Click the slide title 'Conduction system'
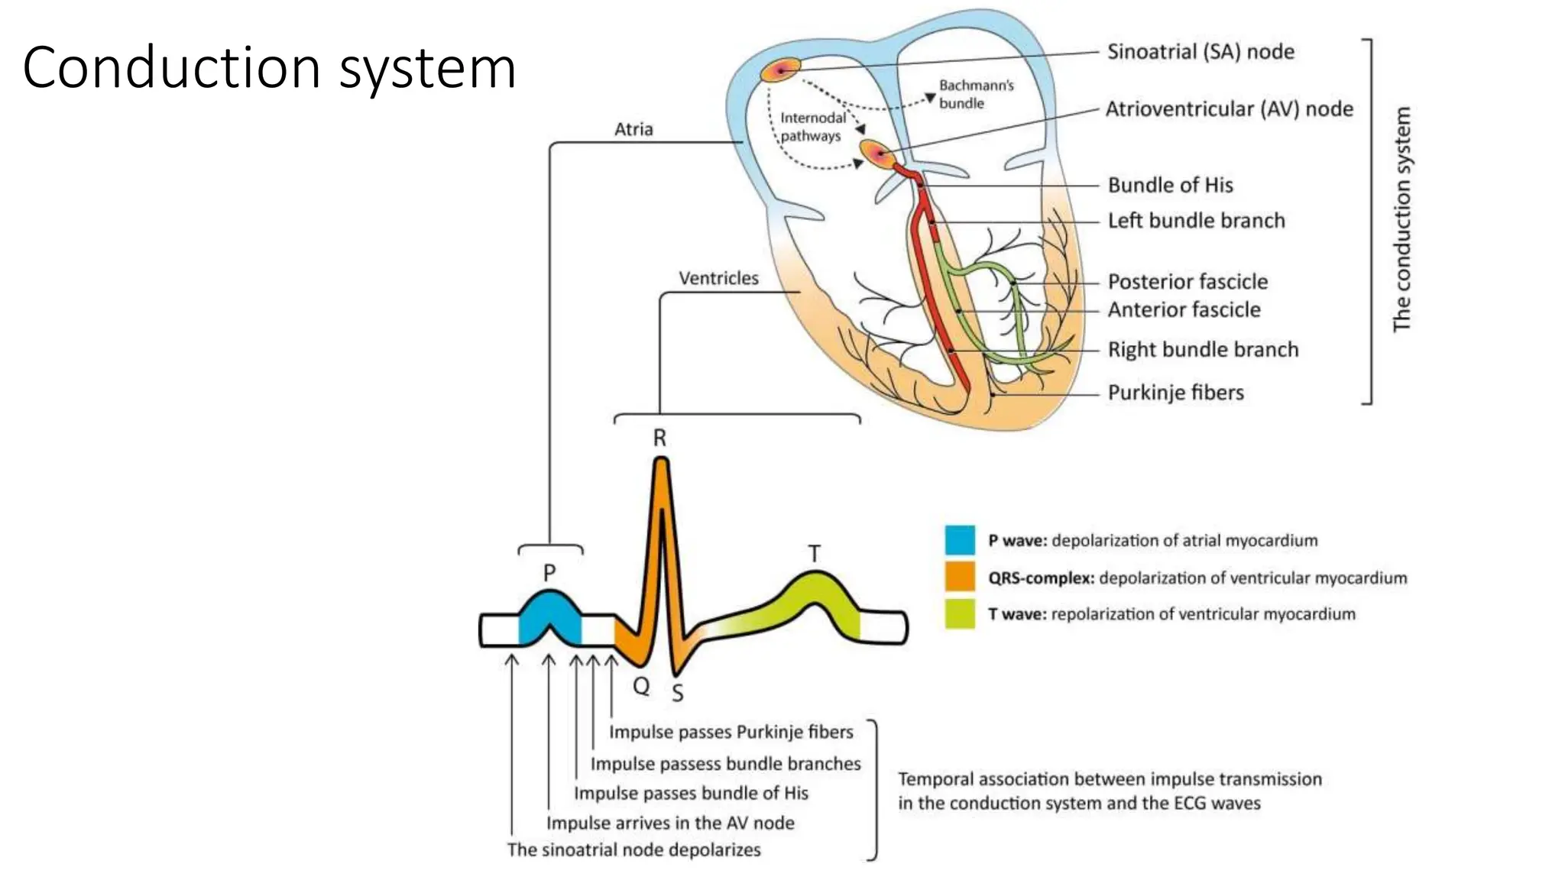point(269,69)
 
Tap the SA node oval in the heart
point(780,70)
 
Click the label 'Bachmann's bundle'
point(976,94)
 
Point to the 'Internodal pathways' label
point(812,127)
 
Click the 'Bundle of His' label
point(1170,185)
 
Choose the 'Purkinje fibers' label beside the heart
point(1175,393)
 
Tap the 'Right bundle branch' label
point(1203,350)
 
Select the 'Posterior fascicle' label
point(1188,282)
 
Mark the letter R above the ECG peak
point(659,438)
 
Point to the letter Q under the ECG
point(641,685)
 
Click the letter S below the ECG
point(677,693)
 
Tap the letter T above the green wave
point(814,554)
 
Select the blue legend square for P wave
point(960,540)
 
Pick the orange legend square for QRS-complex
point(960,577)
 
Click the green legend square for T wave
point(960,613)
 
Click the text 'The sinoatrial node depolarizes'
point(633,849)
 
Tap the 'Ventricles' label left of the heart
point(718,278)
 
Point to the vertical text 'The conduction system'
point(1401,219)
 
